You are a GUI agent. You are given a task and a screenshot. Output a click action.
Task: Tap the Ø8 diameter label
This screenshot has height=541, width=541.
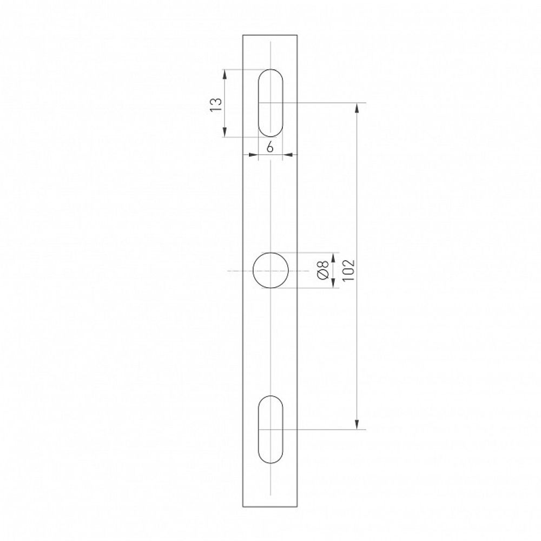[323, 270]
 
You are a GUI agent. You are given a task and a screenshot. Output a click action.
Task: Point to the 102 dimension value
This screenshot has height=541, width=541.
[348, 269]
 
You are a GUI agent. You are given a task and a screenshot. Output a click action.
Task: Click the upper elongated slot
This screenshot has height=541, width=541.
[270, 103]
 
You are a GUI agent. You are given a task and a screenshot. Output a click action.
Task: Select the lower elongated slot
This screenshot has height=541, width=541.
[270, 430]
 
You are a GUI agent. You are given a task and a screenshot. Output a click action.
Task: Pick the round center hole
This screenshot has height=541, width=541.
[270, 270]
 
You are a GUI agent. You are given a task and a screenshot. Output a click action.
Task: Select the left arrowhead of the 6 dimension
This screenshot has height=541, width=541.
[253, 156]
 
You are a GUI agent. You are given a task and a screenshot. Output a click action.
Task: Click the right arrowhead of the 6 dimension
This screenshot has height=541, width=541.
[287, 156]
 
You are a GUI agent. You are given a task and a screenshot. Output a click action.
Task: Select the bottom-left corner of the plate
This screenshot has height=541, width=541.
[243, 507]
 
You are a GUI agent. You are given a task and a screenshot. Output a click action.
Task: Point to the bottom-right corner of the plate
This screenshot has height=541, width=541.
[298, 507]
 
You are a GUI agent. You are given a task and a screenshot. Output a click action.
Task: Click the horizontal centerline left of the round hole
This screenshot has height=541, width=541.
[238, 270]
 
